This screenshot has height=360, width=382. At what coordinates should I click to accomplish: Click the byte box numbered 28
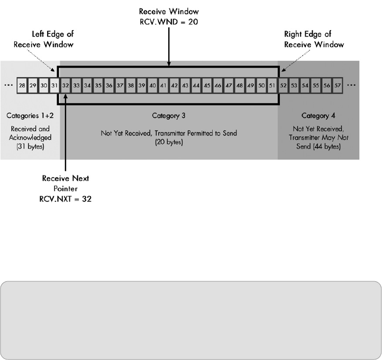[x=22, y=85]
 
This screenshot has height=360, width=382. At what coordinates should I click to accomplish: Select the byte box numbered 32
[x=66, y=85]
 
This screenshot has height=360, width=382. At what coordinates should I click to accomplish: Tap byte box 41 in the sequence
[x=163, y=85]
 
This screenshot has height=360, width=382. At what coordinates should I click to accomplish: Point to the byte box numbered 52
[x=283, y=85]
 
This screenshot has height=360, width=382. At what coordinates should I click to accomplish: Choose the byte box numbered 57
[x=338, y=85]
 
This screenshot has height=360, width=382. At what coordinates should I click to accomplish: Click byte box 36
[x=109, y=85]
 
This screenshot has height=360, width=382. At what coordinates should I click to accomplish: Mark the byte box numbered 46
[x=217, y=85]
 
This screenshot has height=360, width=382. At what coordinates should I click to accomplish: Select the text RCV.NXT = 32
[x=66, y=200]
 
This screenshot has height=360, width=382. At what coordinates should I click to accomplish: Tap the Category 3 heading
[x=169, y=115]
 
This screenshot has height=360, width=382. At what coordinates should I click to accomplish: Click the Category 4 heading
[x=319, y=115]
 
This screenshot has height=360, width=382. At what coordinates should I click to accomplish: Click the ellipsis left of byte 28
[x=8, y=85]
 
